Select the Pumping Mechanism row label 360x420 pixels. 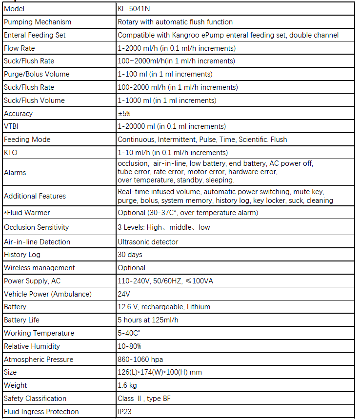coord(38,22)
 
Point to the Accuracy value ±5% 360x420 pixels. coord(124,114)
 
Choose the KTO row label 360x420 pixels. coord(11,153)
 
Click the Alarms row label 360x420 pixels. coord(15,173)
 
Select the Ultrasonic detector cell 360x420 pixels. coord(148,242)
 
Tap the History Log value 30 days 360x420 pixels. coord(131,255)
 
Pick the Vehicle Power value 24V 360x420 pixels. coord(123,294)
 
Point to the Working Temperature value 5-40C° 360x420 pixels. coord(130,333)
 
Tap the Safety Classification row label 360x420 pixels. coord(35,399)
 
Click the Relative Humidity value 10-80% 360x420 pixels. coord(129,346)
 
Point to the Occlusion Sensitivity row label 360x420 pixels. coord(37,227)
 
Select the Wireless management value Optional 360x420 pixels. coord(131,268)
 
